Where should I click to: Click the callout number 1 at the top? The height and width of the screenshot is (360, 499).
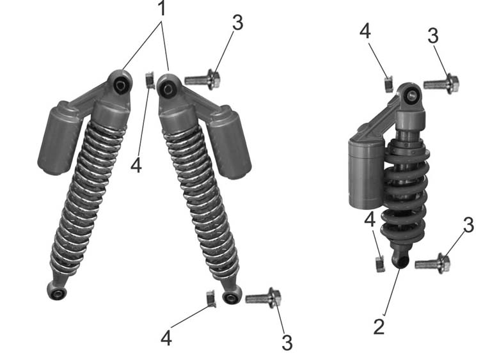162,8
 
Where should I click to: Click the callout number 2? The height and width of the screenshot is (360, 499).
379,326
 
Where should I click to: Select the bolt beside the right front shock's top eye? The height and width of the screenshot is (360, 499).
202,79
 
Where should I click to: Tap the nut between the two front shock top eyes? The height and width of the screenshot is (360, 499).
150,81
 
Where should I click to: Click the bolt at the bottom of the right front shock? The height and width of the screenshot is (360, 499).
263,298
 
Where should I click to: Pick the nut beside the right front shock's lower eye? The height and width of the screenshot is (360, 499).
211,299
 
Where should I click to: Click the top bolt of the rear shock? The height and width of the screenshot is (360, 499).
441,84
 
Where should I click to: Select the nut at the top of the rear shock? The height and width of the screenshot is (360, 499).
389,84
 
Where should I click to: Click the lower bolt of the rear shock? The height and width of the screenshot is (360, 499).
432,263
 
